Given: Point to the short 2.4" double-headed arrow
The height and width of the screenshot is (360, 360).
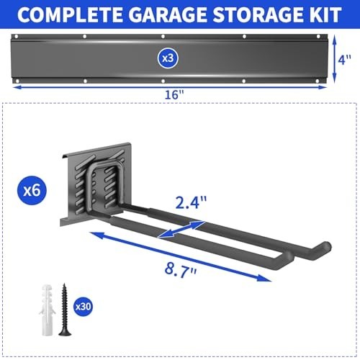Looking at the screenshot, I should point(180,228).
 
